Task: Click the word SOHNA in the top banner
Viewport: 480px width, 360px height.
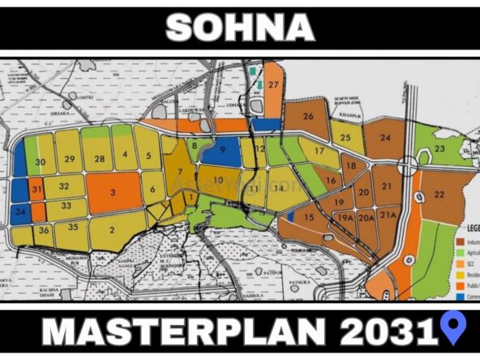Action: (240, 28)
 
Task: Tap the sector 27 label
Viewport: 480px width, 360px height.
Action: (273, 86)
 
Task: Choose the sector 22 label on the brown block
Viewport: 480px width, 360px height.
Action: (439, 195)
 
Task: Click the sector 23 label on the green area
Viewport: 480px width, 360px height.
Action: (439, 149)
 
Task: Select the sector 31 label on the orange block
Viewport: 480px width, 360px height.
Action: (37, 189)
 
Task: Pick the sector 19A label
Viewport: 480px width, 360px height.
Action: (345, 217)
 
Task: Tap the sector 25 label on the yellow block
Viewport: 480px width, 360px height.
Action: (346, 137)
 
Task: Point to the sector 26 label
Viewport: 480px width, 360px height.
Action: (308, 117)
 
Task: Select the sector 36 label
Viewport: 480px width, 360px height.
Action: (44, 230)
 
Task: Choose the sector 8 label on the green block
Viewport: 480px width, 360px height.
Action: (195, 146)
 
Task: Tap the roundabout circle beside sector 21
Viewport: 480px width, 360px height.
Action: (407, 166)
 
